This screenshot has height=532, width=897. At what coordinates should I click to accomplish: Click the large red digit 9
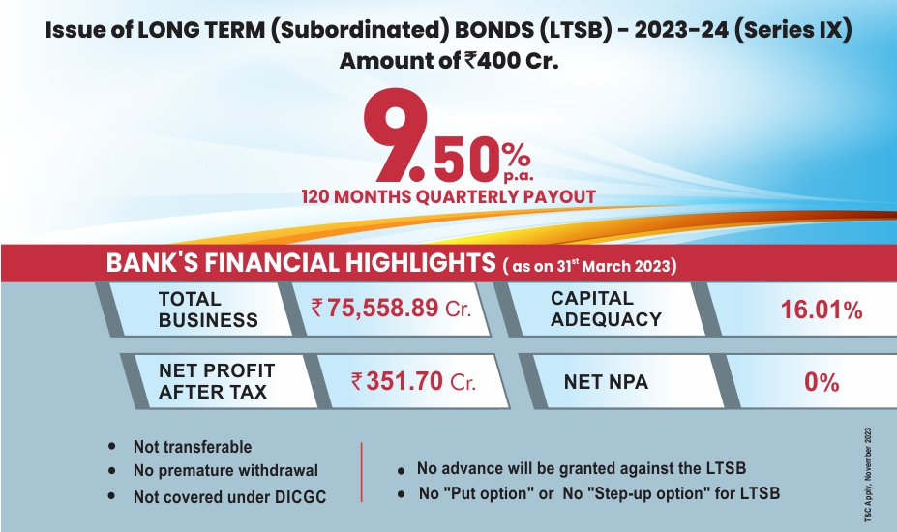coord(396,135)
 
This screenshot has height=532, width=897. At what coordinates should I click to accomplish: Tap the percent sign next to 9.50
coord(517,154)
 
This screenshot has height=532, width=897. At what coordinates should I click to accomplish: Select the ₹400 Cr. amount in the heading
coord(512,60)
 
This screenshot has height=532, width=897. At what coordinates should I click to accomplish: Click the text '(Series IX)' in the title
coord(792,30)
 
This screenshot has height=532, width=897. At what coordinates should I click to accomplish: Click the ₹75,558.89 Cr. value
coord(391,309)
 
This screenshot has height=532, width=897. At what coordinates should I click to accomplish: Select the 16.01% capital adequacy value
coord(822,310)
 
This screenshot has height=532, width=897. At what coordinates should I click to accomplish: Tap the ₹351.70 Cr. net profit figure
coord(413,381)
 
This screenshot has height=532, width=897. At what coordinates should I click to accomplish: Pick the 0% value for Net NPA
coord(822,382)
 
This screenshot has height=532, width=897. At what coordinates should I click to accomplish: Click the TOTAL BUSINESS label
coord(208,310)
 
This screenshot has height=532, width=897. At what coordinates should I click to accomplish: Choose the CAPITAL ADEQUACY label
coord(606,309)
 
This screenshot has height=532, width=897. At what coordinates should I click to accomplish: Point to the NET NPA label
coord(606,381)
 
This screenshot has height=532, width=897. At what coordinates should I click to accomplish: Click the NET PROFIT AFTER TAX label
coord(217,381)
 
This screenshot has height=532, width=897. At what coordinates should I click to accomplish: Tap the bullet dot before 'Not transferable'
coord(111,446)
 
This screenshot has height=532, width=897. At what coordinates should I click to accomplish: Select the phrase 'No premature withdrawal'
coord(225,471)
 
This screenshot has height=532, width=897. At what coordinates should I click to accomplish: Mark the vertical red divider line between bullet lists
coord(362,472)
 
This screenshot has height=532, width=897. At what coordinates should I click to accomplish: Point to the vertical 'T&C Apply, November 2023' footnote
coord(868,474)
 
